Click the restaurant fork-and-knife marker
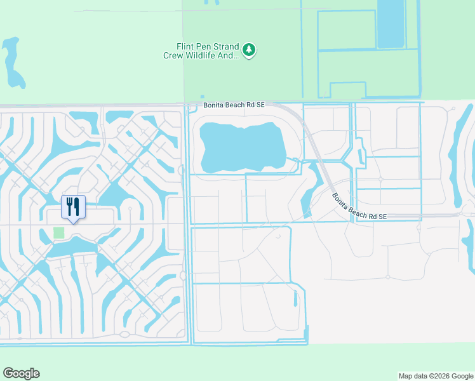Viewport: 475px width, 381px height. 73,206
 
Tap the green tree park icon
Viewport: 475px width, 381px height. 250,50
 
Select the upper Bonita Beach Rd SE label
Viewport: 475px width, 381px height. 234,106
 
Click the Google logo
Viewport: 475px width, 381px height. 21,373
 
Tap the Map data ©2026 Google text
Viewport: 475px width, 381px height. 436,376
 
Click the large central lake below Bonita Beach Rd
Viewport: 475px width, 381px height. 241,146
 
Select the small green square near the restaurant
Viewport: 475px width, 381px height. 59,232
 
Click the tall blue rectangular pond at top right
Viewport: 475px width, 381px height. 390,24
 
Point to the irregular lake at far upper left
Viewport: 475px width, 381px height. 12,63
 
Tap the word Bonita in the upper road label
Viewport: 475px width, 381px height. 215,106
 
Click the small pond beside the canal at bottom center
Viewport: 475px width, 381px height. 295,297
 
